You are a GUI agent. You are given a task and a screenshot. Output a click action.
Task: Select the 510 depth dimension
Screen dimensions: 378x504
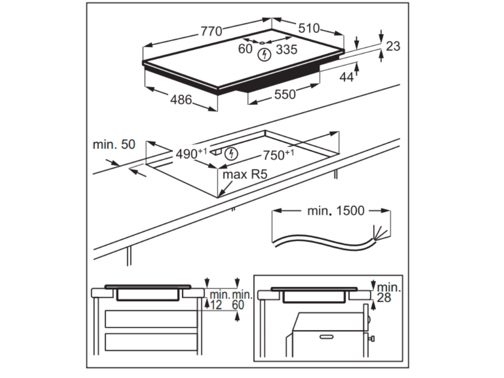coord(308,28)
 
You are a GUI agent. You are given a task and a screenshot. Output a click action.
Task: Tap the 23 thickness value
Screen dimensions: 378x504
coord(393,46)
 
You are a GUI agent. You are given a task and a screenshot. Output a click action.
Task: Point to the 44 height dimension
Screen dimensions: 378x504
coord(346,77)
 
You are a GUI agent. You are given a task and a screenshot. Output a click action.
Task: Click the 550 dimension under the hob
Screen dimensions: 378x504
coord(285,94)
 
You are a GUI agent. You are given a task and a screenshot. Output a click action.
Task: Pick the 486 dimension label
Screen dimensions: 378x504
coord(181,99)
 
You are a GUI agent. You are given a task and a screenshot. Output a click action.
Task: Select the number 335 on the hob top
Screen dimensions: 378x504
coord(286,49)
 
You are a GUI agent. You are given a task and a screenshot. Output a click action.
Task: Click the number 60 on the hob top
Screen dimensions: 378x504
coord(245,49)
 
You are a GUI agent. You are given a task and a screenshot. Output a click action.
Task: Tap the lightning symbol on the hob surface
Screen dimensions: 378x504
coord(264,54)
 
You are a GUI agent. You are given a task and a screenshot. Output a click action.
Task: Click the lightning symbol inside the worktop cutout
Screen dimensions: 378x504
coord(231,154)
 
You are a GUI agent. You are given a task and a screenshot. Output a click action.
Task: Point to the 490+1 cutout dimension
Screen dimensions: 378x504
coord(191,154)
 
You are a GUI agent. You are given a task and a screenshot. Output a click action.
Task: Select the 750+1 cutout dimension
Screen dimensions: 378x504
coord(278,155)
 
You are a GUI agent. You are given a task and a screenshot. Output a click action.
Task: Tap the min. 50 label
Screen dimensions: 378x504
coord(113,145)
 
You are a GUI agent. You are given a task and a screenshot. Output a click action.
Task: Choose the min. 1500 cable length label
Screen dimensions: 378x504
coord(336,211)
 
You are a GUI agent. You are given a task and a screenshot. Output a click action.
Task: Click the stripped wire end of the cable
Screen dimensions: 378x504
coord(380,232)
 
